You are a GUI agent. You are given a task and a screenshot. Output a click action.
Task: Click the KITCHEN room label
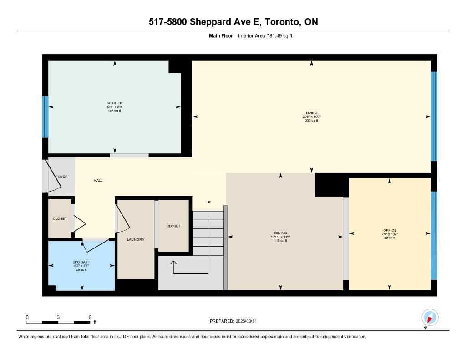click(x=115, y=103)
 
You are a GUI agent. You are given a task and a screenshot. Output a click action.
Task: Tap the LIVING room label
click(x=312, y=113)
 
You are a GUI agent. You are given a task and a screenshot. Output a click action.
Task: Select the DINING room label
click(x=280, y=233)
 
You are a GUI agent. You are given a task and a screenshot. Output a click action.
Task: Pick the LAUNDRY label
click(x=136, y=239)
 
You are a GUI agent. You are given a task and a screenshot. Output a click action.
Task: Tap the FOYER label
click(x=61, y=176)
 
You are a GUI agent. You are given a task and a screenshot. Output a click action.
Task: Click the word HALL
click(x=98, y=181)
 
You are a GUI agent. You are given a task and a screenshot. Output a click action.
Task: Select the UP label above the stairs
click(x=208, y=202)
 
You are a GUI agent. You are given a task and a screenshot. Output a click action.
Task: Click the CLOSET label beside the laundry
click(x=173, y=226)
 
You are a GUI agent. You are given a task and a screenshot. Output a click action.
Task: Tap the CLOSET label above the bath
click(x=60, y=218)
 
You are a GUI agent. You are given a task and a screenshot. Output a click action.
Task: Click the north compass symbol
click(x=430, y=317)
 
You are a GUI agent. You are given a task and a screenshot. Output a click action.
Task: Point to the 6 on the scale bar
click(x=90, y=317)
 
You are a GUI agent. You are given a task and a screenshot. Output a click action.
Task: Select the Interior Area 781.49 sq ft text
click(x=265, y=35)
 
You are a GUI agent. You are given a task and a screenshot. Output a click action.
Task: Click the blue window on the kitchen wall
click(x=45, y=117)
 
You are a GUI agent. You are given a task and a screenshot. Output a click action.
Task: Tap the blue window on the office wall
click(x=434, y=235)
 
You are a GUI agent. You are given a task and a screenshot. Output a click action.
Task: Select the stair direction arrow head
click(x=173, y=263)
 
